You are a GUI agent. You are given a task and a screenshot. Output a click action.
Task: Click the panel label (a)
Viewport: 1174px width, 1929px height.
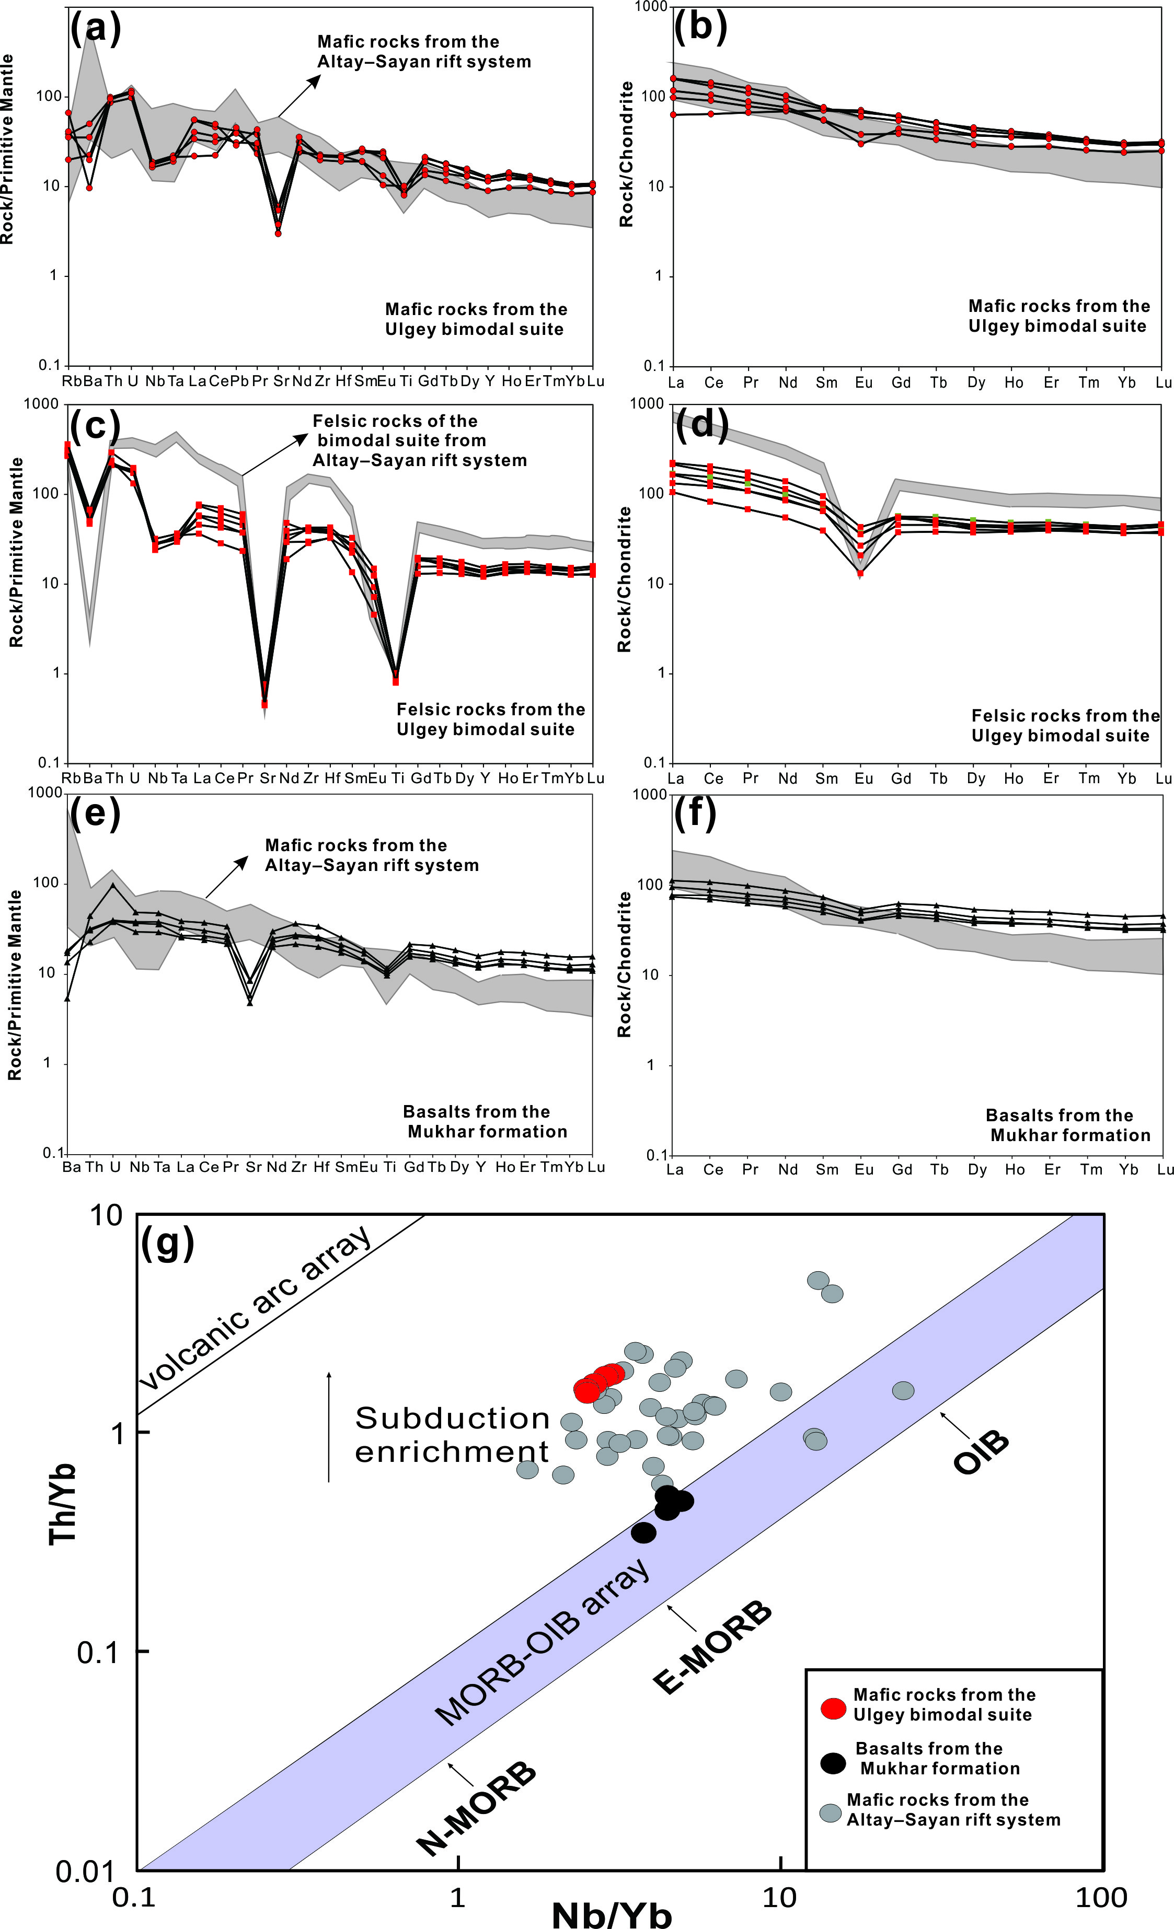pyautogui.click(x=96, y=28)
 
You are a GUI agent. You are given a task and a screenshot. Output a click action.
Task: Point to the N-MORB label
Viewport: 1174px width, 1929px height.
pyautogui.click(x=477, y=1797)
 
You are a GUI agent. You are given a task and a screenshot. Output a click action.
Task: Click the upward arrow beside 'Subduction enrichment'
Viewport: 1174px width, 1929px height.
pyautogui.click(x=329, y=1426)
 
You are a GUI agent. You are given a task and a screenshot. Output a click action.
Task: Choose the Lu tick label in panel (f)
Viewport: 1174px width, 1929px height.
pyautogui.click(x=1165, y=1170)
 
